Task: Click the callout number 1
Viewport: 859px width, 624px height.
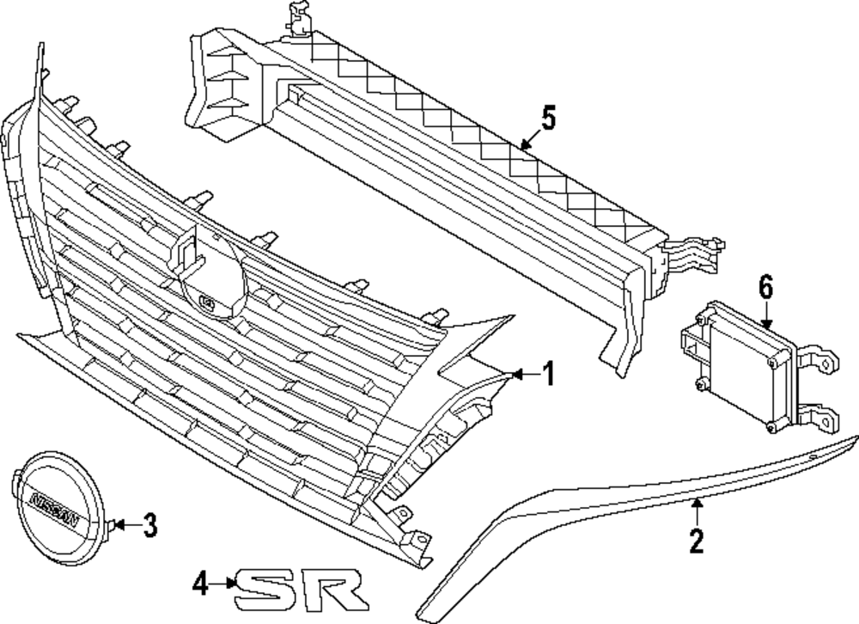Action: tap(548, 374)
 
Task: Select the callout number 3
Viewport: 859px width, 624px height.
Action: tap(149, 523)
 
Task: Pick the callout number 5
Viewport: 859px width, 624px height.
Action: tap(548, 118)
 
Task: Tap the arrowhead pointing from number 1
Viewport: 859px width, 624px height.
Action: tap(515, 374)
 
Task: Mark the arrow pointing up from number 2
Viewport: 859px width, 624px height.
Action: tap(697, 511)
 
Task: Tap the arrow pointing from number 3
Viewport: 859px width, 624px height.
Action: tap(122, 523)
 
